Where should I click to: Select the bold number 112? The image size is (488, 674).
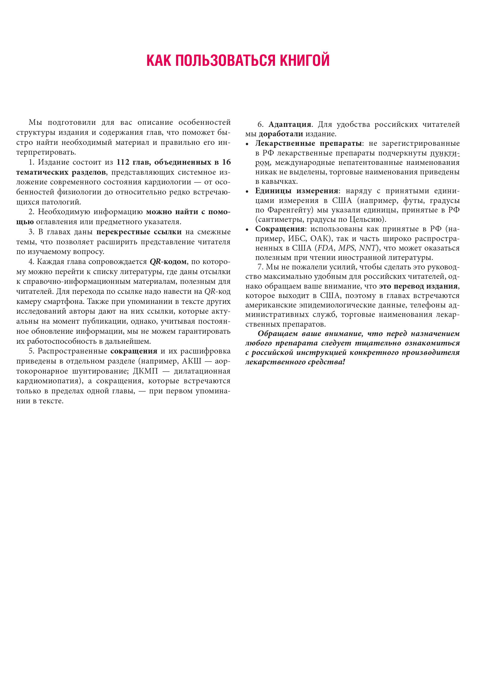pos(123,162)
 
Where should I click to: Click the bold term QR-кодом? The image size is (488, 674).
pos(168,262)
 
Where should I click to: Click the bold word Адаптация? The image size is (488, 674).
pos(289,124)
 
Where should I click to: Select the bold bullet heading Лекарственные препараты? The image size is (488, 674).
pos(308,143)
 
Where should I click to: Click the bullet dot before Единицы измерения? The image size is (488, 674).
pos(247,192)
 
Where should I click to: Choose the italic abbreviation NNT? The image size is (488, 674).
pos(367,248)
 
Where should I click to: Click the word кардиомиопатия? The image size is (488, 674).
pos(47,381)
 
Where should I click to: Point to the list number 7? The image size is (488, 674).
pos(260,267)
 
